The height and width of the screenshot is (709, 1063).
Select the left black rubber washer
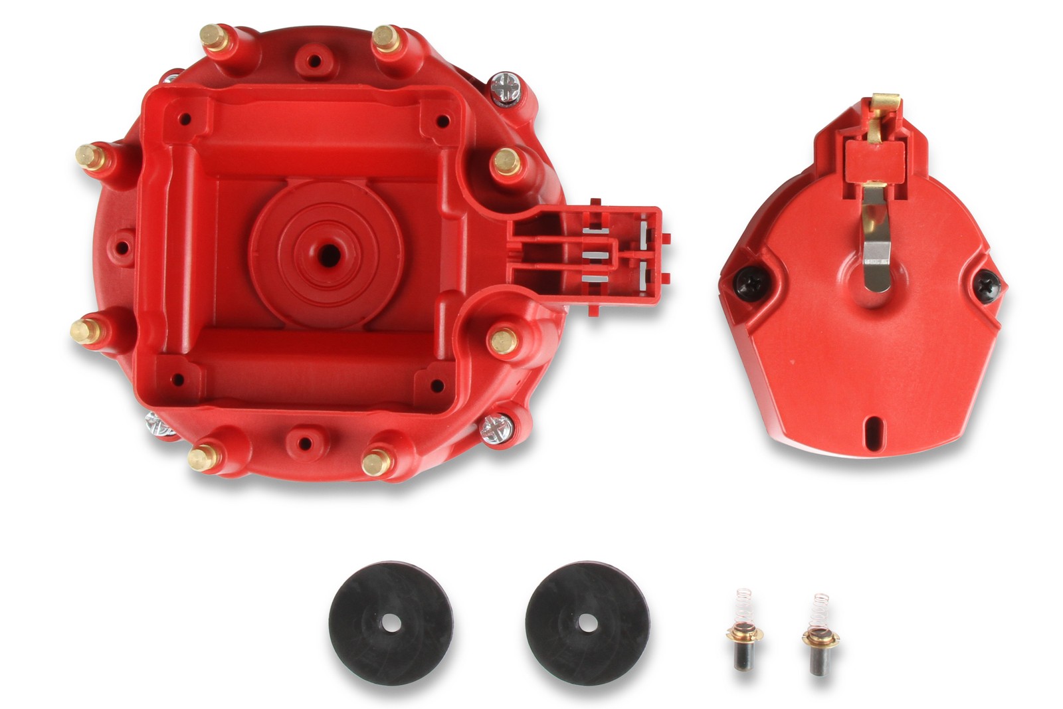point(391,623)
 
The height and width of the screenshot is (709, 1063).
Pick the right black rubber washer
point(587,623)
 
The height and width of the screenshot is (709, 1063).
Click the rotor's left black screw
point(747,282)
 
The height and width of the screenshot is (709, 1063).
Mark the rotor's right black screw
point(987,283)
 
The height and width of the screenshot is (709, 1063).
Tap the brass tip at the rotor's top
point(884,104)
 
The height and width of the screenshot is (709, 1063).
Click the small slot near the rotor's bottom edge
point(870,425)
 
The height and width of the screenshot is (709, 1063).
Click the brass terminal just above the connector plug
point(506,161)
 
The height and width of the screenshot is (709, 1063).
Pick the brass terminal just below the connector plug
point(503,341)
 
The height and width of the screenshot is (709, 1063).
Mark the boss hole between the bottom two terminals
point(304,443)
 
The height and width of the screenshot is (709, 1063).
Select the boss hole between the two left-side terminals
point(122,248)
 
